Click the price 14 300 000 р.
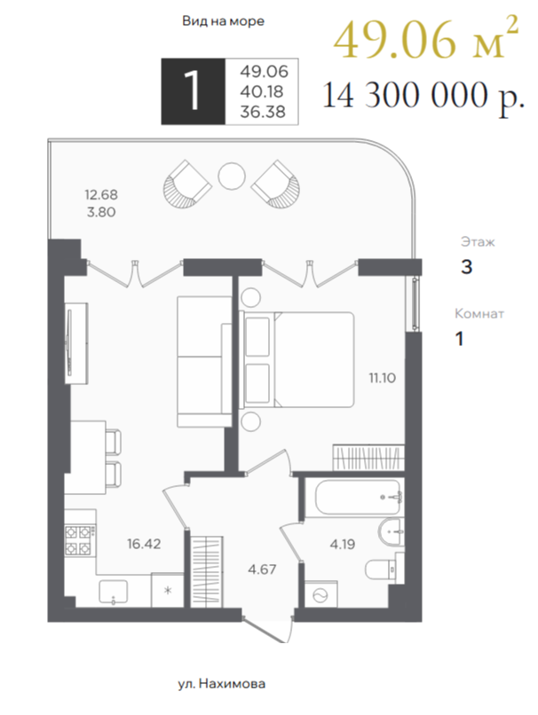point(423,96)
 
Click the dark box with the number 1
point(194,91)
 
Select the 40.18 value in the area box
point(262,91)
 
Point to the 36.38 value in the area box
point(263,112)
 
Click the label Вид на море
point(223,21)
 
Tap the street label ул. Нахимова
point(222,684)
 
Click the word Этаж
point(478,241)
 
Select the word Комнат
point(479,314)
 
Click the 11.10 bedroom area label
point(383,378)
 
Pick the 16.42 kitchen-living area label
point(144,544)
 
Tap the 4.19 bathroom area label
point(343,544)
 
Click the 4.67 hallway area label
point(262,570)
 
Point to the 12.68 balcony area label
point(101,194)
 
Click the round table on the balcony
point(232,177)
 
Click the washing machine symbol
point(320,594)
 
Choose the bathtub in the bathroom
point(358,497)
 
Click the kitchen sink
point(113,592)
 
